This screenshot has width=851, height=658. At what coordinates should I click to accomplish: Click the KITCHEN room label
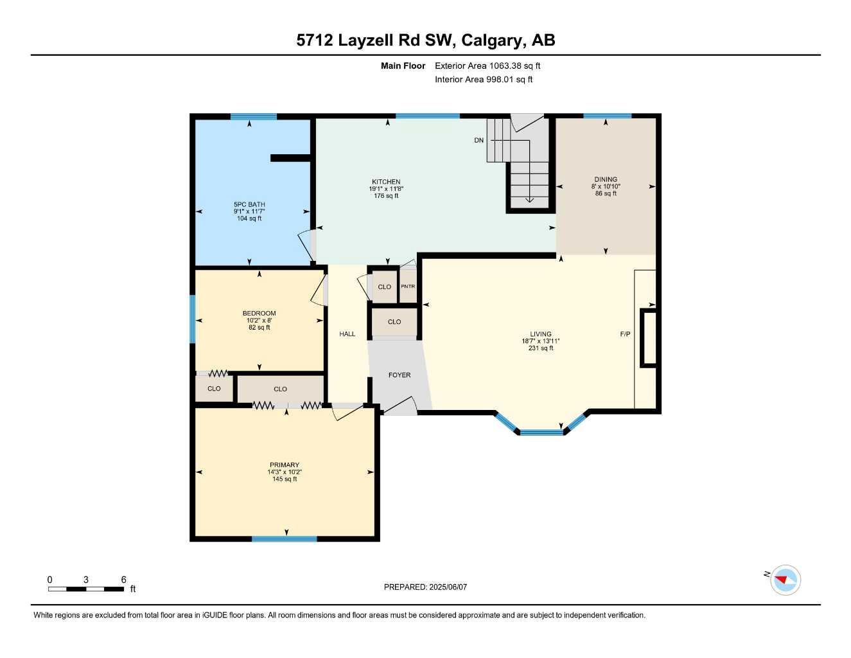coord(386,182)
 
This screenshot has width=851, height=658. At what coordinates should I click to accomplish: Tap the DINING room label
coord(606,179)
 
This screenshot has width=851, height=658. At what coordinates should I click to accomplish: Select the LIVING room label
coord(541,334)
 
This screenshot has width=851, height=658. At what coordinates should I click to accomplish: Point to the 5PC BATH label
coord(249,204)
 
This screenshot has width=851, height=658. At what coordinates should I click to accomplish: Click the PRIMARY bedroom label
coord(285,465)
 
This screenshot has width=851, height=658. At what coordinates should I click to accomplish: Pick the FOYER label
coord(399,375)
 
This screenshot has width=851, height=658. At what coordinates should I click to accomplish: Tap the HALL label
coord(347,334)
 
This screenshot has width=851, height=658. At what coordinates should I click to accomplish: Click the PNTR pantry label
coord(408,287)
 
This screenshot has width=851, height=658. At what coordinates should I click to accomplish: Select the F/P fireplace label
coord(625,334)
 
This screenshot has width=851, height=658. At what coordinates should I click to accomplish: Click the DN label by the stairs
coord(479,140)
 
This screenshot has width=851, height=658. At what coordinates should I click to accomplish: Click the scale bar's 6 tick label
coord(123,580)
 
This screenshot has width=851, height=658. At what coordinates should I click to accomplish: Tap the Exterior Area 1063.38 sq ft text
coord(487,66)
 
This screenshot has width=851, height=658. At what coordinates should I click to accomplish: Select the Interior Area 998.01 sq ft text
coord(484,80)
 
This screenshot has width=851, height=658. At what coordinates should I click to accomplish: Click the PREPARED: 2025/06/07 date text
coord(425,587)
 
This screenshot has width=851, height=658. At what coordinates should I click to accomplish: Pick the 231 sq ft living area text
coord(541,348)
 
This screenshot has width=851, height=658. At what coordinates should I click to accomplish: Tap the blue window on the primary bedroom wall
coord(284,538)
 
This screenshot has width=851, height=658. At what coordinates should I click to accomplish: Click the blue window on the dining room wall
coord(607,116)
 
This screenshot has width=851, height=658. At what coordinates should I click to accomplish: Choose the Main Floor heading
coord(403,66)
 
